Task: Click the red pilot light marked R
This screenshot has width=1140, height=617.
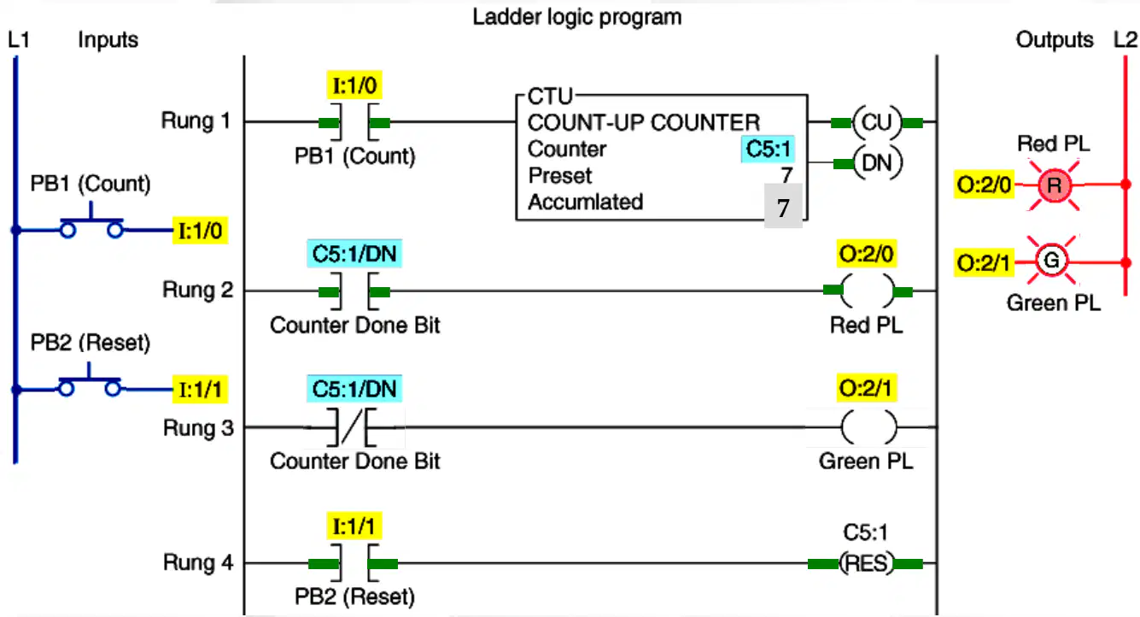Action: pos(1054,185)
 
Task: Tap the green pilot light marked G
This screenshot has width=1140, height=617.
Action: pos(1051,261)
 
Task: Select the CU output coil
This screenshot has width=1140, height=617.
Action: pos(876,122)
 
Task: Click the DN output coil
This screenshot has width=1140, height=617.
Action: pos(877,163)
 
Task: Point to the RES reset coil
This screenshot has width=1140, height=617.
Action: pos(866,563)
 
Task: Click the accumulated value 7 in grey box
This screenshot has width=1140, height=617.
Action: pos(783,206)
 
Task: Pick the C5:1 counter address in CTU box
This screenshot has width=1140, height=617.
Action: pos(768,150)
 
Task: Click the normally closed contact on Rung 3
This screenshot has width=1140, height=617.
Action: pos(351,427)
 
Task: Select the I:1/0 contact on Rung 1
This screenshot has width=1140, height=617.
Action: pos(354,122)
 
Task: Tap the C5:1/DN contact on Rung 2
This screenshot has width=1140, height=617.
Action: pos(354,291)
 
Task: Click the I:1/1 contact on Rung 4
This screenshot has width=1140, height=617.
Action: pos(354,563)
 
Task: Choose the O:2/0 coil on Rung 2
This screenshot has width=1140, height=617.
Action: pos(868,291)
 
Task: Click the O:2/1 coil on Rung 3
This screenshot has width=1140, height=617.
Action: pos(868,427)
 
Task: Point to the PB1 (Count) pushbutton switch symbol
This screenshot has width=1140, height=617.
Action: pos(91,223)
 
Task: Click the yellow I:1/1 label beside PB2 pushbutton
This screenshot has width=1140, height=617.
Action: pos(200,390)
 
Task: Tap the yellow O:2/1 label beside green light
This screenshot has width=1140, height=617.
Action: pos(984,263)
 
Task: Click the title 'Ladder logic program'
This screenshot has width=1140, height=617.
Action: pos(576,17)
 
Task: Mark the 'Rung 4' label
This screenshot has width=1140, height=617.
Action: pos(198,563)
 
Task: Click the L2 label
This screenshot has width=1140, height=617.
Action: pos(1125,40)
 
